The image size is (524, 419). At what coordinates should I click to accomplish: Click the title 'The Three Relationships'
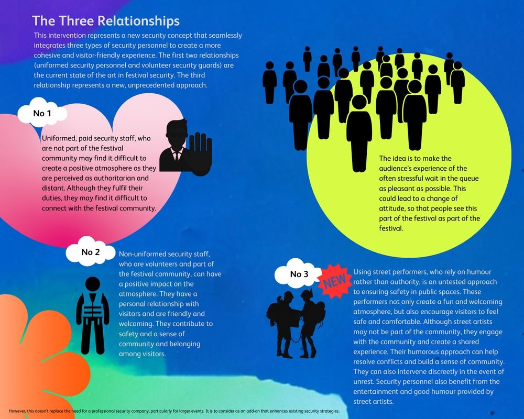point(106,21)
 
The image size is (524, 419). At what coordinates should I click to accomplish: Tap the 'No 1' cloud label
point(42,113)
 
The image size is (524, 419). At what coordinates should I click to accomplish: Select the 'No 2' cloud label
point(91,251)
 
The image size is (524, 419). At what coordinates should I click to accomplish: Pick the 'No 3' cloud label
point(299,273)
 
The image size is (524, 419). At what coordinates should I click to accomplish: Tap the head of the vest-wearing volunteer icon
point(93,284)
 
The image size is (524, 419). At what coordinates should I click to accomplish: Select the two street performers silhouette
point(296,323)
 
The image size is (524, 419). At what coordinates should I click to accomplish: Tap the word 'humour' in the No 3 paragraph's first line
point(479,272)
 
